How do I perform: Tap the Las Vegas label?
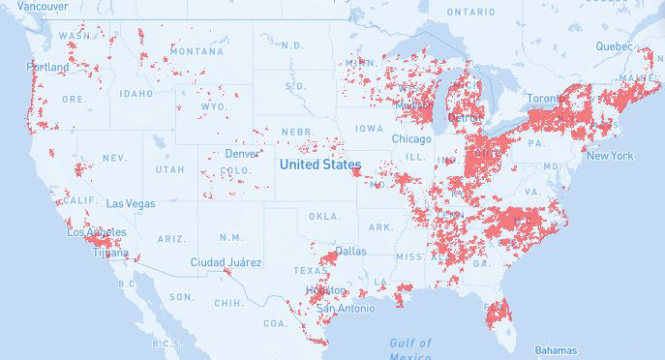click(x=129, y=204)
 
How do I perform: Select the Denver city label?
click(x=242, y=154)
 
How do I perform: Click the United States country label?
click(x=319, y=165)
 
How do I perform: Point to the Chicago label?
click(x=411, y=139)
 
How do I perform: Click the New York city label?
click(x=610, y=156)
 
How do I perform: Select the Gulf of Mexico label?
click(x=410, y=348)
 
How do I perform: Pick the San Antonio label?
click(x=345, y=309)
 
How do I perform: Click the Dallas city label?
click(x=351, y=251)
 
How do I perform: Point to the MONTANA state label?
click(x=196, y=51)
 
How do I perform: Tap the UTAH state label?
click(x=169, y=169)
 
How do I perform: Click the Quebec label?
click(x=614, y=46)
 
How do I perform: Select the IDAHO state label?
click(x=137, y=94)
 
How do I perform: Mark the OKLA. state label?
click(x=323, y=217)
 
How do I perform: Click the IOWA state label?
click(x=369, y=128)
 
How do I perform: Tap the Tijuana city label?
click(x=110, y=254)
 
